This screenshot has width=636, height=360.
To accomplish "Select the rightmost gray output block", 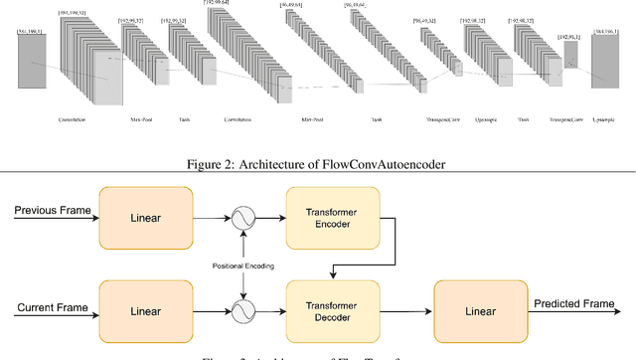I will [605, 71].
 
